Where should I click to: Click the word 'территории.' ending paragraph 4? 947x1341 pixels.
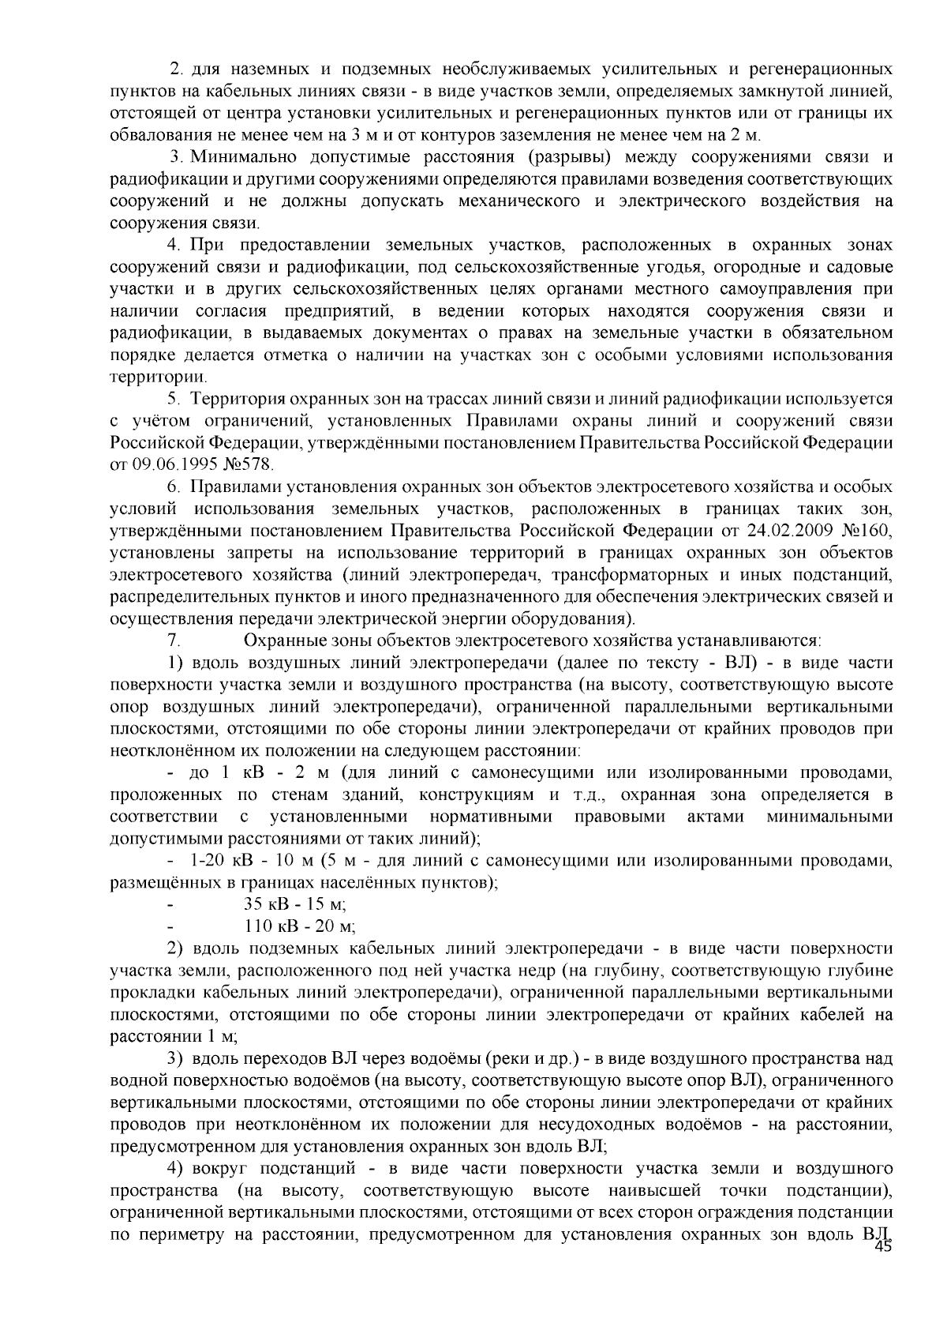[148, 377]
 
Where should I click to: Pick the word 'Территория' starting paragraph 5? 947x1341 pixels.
[237, 399]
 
